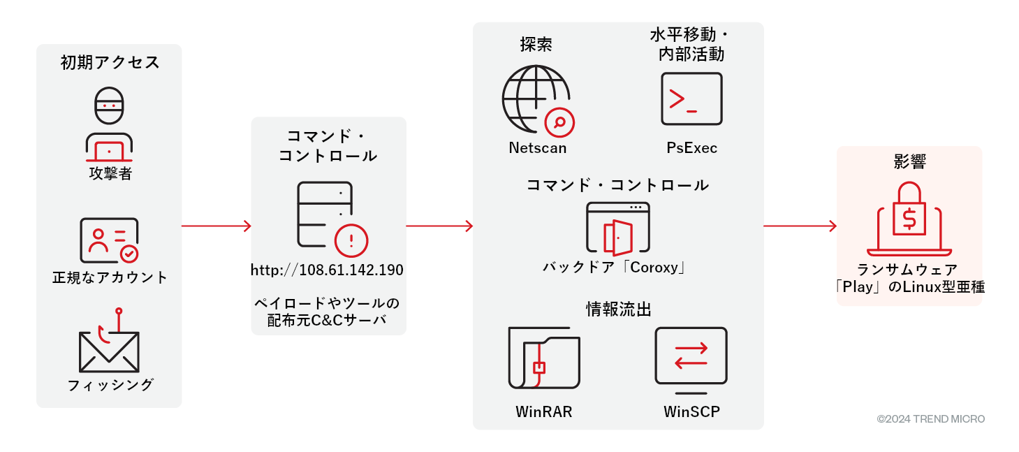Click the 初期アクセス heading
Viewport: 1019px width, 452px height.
click(110, 63)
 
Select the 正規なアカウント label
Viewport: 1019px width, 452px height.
click(110, 277)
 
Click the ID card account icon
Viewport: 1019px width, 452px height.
click(109, 240)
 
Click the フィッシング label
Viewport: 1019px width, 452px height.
click(110, 385)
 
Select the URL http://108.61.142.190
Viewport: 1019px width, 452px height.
click(328, 270)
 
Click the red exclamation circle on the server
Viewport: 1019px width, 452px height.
click(351, 241)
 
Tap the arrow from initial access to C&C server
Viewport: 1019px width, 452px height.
click(216, 226)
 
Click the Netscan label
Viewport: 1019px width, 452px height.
click(537, 148)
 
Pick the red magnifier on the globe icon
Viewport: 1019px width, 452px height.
click(559, 122)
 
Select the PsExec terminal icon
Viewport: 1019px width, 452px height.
click(691, 99)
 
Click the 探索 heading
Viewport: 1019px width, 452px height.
click(536, 45)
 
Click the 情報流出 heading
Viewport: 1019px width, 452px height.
click(618, 309)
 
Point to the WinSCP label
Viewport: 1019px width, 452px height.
click(691, 411)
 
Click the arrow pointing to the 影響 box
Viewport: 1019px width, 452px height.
click(800, 226)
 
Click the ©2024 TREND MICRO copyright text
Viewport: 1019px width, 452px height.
click(930, 419)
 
